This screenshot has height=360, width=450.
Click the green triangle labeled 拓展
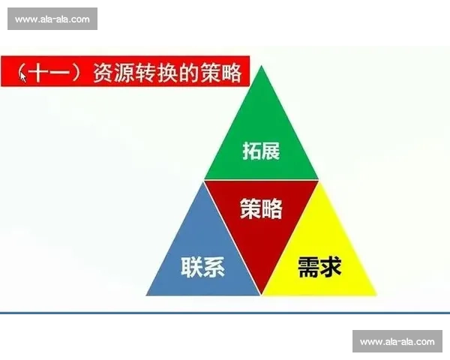click(261, 142)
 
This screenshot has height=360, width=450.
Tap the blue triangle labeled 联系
click(202, 259)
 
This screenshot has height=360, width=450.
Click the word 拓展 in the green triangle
click(261, 151)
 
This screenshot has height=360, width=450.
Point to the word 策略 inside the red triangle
click(261, 209)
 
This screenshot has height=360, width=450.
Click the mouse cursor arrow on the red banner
click(23, 76)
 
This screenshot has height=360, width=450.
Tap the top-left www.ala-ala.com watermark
click(53, 19)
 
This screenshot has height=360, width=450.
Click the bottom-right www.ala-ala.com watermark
click(396, 342)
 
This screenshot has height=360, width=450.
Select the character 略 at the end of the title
click(231, 73)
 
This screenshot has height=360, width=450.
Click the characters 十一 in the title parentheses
click(54, 73)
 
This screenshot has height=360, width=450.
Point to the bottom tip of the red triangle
click(261, 293)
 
